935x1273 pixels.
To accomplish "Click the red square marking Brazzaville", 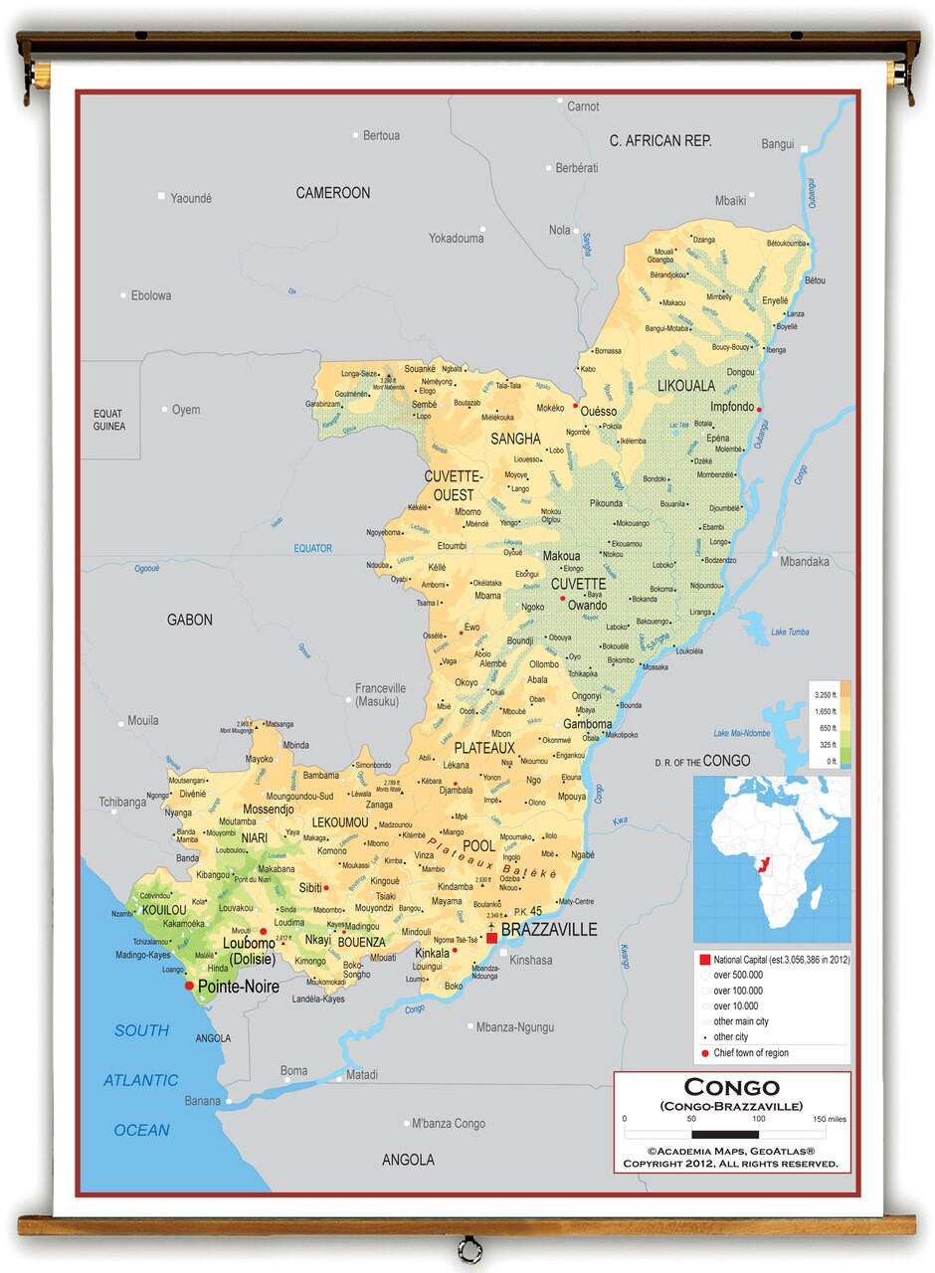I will click(x=491, y=937).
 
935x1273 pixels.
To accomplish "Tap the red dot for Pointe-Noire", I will click(x=189, y=986).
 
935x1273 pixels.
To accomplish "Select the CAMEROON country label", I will click(x=332, y=193).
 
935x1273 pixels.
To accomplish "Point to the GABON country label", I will click(x=189, y=620).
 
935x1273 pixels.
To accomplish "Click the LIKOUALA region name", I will click(x=686, y=385).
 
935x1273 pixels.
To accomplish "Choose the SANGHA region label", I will click(x=515, y=439).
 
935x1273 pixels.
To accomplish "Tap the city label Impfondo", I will click(x=731, y=408).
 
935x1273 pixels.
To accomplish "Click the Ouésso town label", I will click(x=598, y=411).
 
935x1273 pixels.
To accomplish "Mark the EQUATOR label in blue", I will click(x=312, y=548).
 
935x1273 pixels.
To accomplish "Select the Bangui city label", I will click(x=778, y=144).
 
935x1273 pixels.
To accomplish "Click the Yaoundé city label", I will click(x=190, y=198).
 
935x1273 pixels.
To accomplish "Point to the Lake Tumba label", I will click(x=790, y=632).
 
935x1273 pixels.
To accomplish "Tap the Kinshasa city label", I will click(x=530, y=960).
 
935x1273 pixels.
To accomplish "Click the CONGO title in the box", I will click(x=731, y=1087).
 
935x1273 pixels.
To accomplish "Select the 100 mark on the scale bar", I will click(x=758, y=1119).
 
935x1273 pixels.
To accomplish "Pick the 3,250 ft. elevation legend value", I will click(x=825, y=693).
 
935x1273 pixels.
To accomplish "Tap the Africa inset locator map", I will click(x=771, y=858).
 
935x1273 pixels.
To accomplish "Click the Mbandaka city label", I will click(x=804, y=562).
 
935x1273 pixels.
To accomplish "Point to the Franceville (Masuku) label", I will click(x=381, y=694).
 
